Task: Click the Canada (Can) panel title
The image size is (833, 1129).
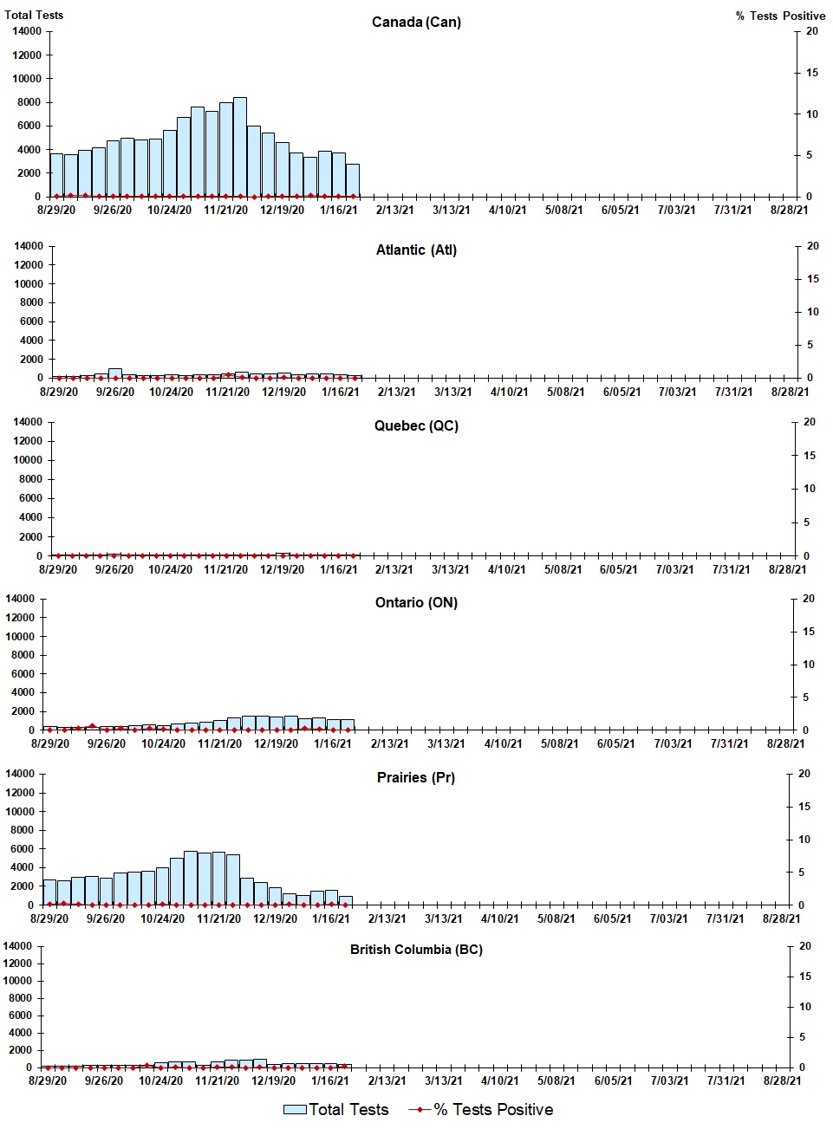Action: (x=416, y=22)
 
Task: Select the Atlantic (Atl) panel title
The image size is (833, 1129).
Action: (x=416, y=250)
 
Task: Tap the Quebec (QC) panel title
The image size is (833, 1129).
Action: (x=416, y=426)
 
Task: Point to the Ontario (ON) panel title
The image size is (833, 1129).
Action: (x=416, y=603)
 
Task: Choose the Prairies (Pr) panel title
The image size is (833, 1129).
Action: (x=416, y=778)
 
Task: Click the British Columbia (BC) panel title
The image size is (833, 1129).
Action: (x=416, y=950)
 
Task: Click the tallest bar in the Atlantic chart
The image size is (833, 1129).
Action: (x=114, y=373)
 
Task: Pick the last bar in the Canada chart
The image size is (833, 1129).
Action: (x=353, y=180)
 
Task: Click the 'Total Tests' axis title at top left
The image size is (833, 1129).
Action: (x=34, y=15)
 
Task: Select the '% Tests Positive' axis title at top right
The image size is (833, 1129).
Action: (x=780, y=16)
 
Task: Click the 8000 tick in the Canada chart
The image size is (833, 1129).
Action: (x=27, y=102)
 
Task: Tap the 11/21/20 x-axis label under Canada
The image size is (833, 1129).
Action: (x=225, y=210)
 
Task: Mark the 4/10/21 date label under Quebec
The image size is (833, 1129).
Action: (x=506, y=569)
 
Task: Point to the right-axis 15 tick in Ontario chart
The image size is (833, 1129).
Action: (x=808, y=632)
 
